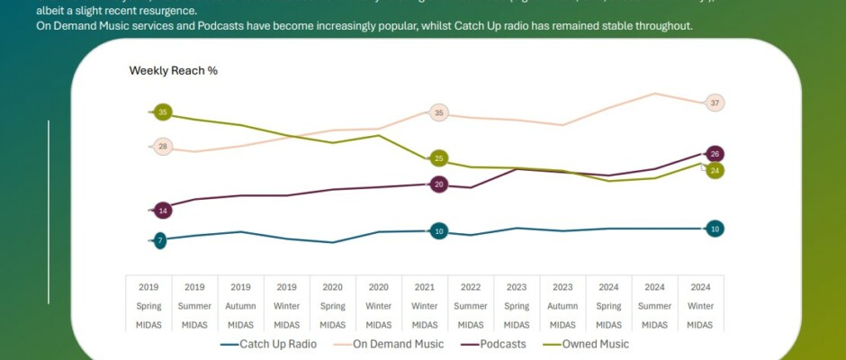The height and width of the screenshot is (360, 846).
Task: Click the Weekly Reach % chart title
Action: [173, 70]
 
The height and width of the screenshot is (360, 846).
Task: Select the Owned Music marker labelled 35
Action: [162, 112]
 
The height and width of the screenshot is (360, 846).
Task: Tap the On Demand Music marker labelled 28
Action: [162, 146]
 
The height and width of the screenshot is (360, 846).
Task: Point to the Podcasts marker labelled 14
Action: [162, 211]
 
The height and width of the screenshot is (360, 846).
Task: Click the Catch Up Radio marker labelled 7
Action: [160, 240]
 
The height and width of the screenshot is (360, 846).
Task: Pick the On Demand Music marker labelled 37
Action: [715, 103]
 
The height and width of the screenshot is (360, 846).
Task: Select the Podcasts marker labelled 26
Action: [715, 153]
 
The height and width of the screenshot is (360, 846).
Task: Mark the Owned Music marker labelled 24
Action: [715, 170]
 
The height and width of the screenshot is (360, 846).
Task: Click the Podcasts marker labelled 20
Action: [438, 184]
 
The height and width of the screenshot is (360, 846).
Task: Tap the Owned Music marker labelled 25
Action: [438, 158]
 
